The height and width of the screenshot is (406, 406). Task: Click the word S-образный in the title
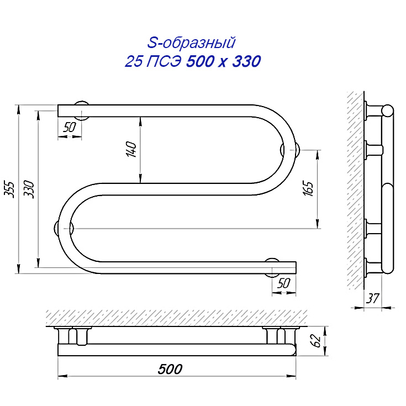point(191,43)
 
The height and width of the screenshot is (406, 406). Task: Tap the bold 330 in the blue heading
point(246,62)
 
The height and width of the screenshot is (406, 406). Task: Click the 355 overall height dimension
point(10,189)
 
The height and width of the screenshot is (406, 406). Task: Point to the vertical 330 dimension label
point(29,189)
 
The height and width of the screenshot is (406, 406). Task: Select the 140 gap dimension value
point(131,149)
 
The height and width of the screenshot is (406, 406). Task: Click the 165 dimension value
point(309,188)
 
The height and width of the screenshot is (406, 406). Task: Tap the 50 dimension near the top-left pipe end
point(70,127)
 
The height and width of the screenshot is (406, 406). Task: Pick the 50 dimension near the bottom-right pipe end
point(284,283)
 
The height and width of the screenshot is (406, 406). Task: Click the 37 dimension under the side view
point(372,298)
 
